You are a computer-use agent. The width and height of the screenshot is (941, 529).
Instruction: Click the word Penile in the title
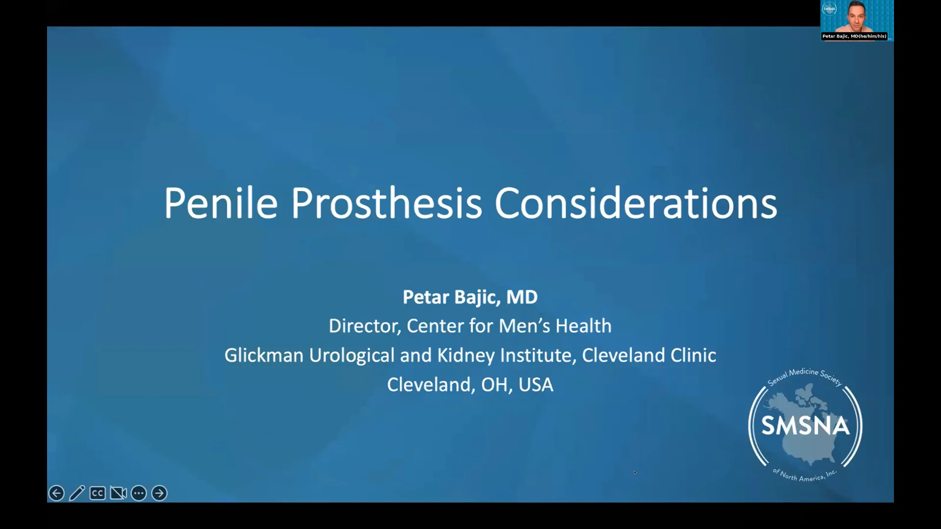(221, 203)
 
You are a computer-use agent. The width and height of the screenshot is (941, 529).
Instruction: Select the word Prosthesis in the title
(386, 203)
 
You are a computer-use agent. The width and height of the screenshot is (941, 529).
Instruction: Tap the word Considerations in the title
(635, 203)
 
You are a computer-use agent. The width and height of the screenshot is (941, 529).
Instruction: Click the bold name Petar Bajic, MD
(470, 297)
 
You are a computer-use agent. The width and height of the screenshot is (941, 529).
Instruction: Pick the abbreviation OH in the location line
(494, 385)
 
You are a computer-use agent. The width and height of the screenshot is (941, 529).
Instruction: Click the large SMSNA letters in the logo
(805, 426)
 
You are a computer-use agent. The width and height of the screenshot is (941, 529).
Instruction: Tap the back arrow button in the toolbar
(56, 493)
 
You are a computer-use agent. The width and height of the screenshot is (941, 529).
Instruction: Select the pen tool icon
(77, 493)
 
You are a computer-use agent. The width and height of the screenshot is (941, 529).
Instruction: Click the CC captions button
(98, 493)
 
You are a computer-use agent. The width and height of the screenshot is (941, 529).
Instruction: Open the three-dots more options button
(139, 493)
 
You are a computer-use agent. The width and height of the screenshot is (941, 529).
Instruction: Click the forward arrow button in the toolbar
(159, 493)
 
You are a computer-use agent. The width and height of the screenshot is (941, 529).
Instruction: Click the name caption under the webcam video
(854, 36)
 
